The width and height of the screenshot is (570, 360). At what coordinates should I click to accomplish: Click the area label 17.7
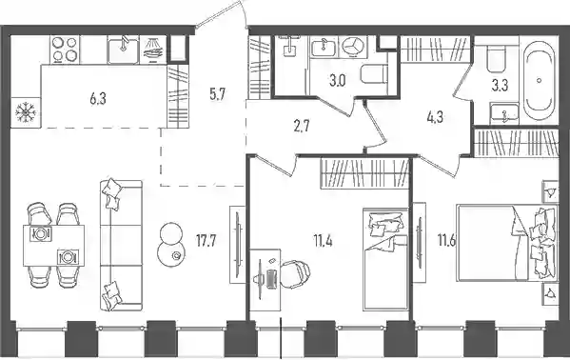(x=206, y=241)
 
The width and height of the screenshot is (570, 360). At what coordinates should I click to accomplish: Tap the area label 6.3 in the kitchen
(x=98, y=99)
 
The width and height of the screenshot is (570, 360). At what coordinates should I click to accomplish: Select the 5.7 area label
(x=217, y=94)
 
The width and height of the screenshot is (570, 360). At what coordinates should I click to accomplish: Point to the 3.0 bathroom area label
(x=338, y=81)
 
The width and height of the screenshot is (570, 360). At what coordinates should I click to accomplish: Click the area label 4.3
(x=435, y=117)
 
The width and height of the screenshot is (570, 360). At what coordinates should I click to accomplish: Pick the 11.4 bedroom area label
(x=324, y=241)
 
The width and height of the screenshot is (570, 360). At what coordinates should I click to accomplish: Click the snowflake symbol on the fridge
(x=26, y=112)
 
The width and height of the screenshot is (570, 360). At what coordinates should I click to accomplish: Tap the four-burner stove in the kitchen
(x=65, y=50)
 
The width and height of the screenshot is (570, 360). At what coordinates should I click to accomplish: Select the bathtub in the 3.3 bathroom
(x=540, y=80)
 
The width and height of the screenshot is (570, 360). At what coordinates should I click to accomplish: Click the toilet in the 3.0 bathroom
(x=373, y=74)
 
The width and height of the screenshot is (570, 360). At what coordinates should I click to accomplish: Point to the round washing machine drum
(x=353, y=47)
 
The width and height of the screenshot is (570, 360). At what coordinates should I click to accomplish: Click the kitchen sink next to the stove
(x=123, y=50)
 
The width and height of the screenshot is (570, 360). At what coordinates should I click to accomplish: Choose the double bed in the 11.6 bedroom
(x=507, y=243)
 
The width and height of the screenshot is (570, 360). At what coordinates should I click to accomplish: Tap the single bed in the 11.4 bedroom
(x=385, y=260)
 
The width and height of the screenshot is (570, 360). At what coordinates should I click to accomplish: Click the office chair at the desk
(x=295, y=273)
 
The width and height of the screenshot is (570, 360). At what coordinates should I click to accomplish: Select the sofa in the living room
(x=121, y=246)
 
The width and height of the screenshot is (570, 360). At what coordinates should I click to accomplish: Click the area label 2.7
(x=302, y=128)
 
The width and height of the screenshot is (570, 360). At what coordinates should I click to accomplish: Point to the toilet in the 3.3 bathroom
(x=496, y=59)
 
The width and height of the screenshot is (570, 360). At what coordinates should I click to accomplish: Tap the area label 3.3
(x=500, y=86)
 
